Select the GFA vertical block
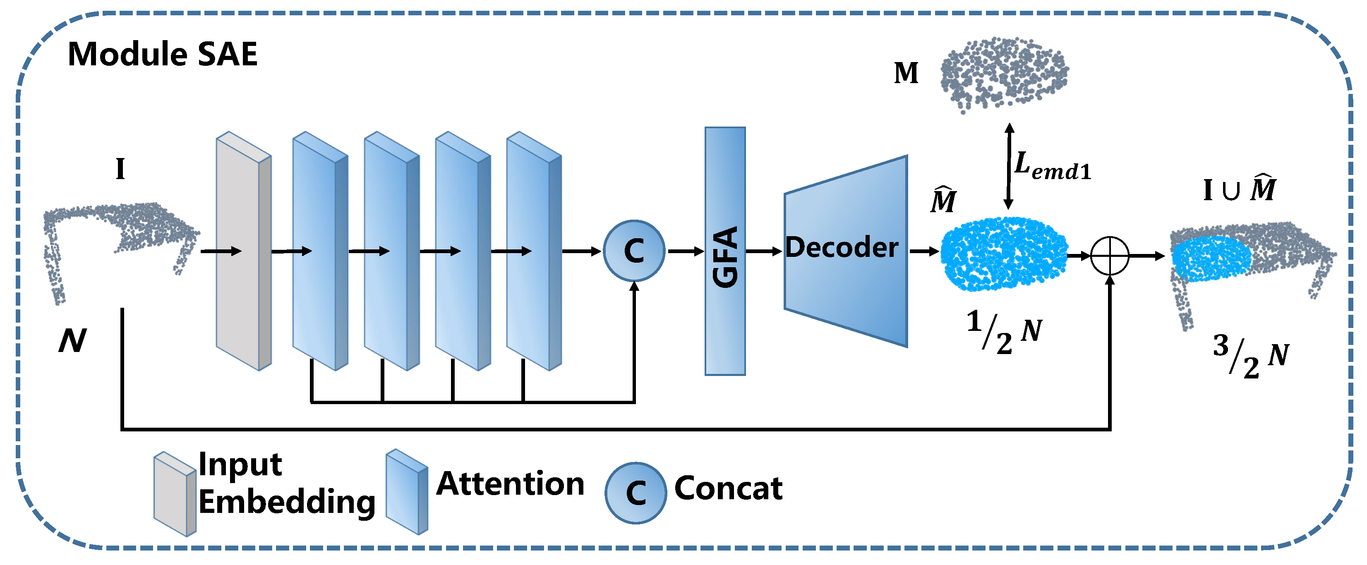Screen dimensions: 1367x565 725,251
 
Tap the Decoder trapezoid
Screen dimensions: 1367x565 846,251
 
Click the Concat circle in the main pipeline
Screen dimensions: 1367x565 634,251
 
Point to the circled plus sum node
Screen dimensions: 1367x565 1110,256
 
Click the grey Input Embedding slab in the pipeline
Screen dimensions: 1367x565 244,251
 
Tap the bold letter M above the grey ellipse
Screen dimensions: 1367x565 906,73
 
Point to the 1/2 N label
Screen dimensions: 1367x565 1004,332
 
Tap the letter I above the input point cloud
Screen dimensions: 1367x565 120,169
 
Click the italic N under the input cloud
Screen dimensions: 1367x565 72,340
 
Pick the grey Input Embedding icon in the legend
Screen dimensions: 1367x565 175,494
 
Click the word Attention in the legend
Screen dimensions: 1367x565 510,484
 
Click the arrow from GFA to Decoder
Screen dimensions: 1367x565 765,251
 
